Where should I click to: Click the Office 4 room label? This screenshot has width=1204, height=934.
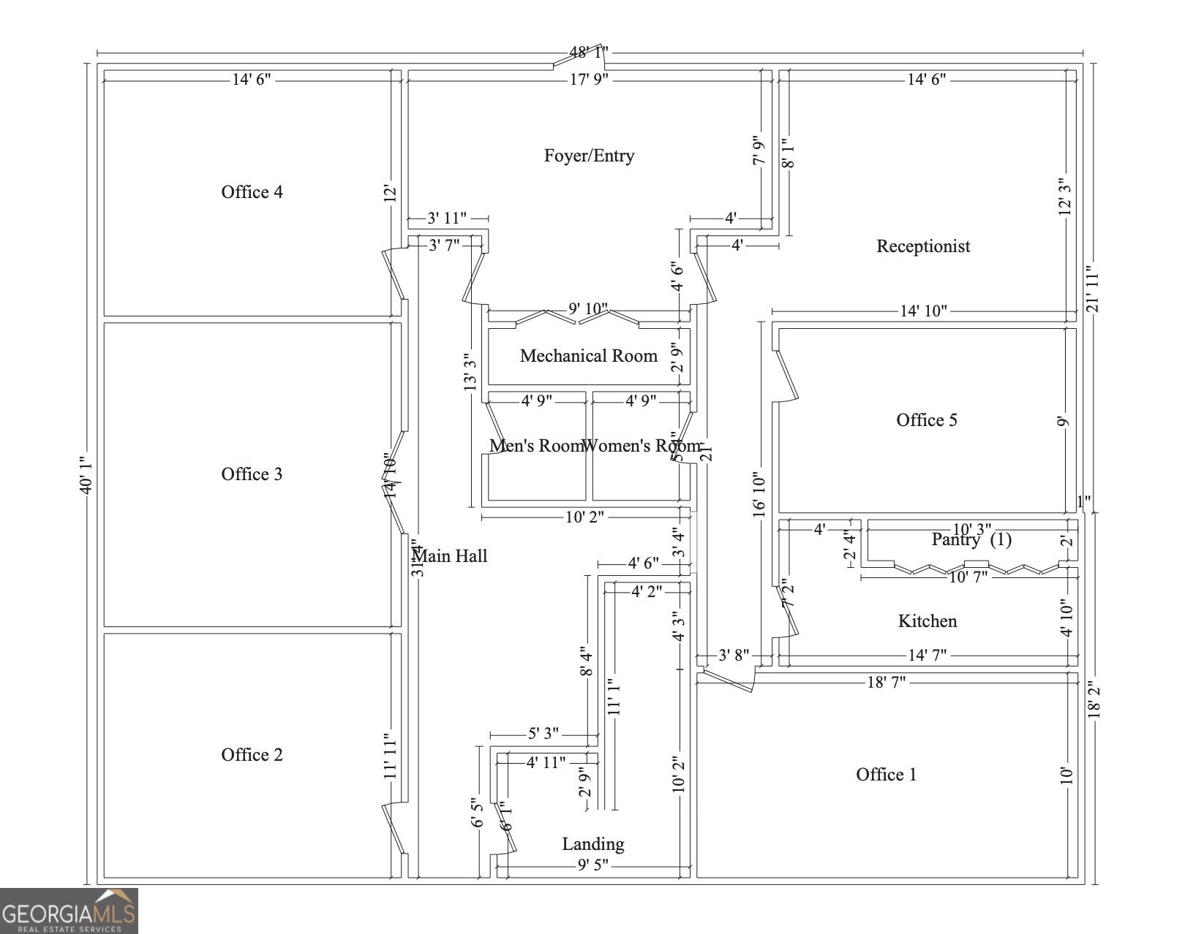(x=252, y=192)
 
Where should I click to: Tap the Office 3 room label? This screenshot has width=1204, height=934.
(x=252, y=474)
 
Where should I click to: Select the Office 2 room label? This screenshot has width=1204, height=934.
(x=252, y=755)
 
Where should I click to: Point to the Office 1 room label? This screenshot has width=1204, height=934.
(x=886, y=775)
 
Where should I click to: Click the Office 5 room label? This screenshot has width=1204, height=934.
(x=926, y=420)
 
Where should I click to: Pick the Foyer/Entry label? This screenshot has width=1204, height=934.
(x=589, y=156)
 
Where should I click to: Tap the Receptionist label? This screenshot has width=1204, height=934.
(x=923, y=246)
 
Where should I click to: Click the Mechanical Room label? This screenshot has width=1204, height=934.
(x=588, y=356)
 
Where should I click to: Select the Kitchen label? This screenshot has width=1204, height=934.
(x=927, y=621)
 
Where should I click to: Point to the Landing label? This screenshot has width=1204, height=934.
(x=592, y=844)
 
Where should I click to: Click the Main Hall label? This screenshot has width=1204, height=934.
(x=451, y=556)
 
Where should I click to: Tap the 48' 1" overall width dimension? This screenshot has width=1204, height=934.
(x=589, y=53)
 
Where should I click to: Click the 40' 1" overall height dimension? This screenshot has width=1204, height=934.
(x=86, y=474)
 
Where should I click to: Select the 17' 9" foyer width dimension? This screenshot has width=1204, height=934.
(x=589, y=80)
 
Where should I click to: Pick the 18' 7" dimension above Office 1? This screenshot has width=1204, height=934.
(x=886, y=683)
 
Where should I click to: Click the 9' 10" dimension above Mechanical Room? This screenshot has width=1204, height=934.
(x=587, y=310)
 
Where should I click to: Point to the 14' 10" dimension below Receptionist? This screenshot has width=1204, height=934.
(x=922, y=311)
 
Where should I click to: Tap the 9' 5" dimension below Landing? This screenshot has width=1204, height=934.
(x=592, y=866)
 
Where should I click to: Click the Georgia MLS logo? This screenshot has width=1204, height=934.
(x=69, y=911)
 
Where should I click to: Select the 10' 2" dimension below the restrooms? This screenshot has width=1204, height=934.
(x=584, y=517)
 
